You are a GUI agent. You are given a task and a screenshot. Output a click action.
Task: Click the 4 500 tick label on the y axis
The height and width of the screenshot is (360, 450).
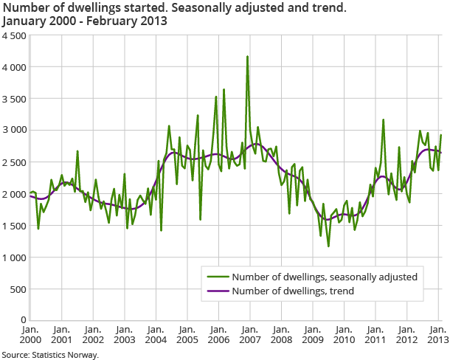13,35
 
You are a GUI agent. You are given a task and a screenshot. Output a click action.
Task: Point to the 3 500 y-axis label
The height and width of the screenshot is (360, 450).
13,98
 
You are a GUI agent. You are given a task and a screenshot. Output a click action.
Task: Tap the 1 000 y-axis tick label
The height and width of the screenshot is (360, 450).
13,257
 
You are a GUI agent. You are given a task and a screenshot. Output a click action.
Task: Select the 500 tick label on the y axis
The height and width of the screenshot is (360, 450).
18,288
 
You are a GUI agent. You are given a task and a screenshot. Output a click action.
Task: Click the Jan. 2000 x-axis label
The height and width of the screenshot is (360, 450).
30,334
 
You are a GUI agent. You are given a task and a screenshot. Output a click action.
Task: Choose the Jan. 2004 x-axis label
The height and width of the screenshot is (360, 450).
156,334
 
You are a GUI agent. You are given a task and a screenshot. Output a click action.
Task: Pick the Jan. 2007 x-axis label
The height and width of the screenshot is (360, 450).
249,334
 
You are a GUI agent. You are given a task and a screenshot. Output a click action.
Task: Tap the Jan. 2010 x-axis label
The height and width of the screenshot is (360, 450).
343,334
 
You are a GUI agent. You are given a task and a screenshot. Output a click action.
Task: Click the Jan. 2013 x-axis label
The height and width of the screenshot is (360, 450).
437,334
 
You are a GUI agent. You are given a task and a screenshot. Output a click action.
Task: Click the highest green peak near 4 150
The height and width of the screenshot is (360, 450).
247,57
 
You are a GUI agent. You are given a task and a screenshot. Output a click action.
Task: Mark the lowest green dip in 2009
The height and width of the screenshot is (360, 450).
328,246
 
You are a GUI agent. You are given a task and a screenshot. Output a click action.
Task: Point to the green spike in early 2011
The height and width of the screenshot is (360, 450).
383,120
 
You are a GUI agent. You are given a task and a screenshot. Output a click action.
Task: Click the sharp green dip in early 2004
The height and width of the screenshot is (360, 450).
161,230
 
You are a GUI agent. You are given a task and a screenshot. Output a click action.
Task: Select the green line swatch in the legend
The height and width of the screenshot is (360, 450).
217,277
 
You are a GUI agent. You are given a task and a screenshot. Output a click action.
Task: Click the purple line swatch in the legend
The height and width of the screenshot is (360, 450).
217,291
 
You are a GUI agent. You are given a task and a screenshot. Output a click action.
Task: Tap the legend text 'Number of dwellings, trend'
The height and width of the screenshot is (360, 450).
292,291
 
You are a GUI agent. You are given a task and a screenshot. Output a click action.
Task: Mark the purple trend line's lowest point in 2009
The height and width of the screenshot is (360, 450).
328,219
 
